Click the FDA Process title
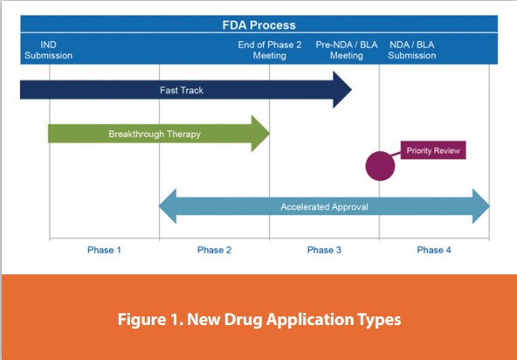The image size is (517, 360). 258,25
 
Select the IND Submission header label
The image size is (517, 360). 50,50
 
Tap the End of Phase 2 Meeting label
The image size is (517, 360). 269,50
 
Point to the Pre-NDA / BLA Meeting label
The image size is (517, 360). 346,50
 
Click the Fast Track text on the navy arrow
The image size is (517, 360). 181,90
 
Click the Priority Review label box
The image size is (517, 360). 432,151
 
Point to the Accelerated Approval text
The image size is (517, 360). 324,207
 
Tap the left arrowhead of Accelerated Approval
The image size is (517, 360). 166,207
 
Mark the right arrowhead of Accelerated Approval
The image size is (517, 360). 483,207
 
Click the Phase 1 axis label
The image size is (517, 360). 104,250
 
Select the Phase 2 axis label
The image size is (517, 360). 214,250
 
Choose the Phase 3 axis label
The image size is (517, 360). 324,250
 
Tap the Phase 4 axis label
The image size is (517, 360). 434,250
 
